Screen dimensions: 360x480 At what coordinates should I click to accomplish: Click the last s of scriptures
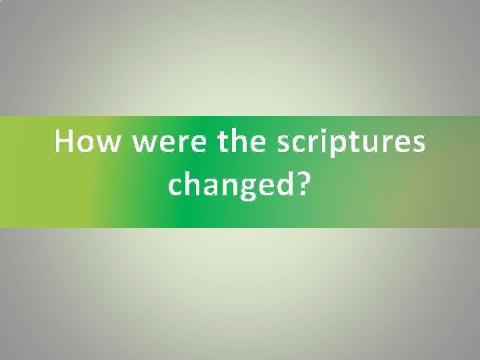pyautogui.click(x=419, y=145)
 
